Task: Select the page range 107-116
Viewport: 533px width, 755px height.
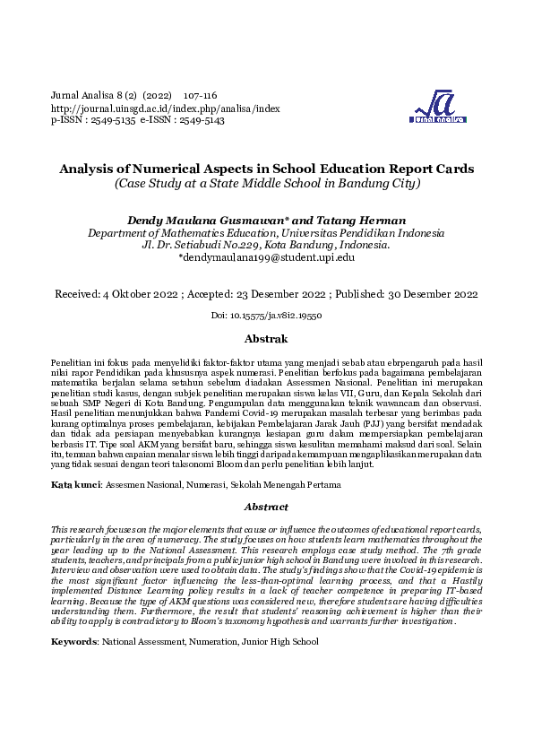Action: tap(200, 96)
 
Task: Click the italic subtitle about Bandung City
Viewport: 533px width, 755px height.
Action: tap(266, 184)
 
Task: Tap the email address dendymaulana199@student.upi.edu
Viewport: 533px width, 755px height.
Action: tap(268, 257)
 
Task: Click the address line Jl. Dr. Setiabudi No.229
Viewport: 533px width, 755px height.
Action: tap(205, 245)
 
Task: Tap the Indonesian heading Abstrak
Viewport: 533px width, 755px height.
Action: tap(266, 339)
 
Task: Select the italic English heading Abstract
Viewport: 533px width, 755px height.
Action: tap(266, 508)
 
